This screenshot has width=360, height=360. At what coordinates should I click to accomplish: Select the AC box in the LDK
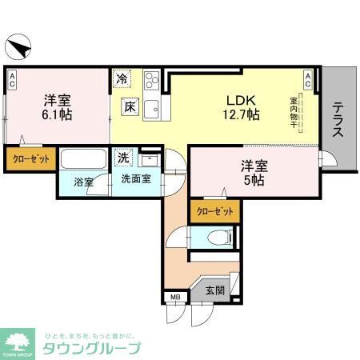308,78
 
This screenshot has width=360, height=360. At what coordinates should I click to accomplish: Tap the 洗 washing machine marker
125,157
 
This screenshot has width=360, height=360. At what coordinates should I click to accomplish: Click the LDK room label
239,100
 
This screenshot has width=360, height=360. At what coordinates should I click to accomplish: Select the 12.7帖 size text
240,116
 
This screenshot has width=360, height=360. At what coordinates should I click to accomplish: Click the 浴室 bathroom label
84,182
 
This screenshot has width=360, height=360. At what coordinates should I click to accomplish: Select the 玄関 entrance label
215,290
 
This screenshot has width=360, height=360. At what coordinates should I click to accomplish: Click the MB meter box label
174,298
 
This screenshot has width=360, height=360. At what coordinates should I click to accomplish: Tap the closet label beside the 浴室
31,158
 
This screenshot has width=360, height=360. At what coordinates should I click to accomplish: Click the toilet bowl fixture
216,238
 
